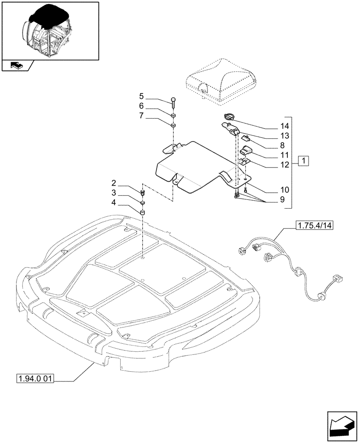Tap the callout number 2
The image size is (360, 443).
click(114, 183)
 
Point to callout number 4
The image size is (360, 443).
click(114, 202)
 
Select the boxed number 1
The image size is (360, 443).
click(304, 160)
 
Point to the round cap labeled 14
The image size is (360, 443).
click(230, 117)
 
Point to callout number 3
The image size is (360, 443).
click(114, 193)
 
